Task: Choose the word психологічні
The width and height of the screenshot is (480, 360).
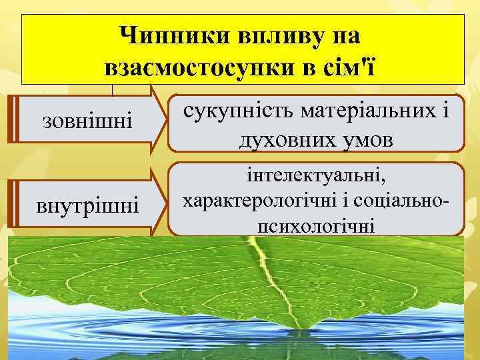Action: (x=315, y=225)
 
